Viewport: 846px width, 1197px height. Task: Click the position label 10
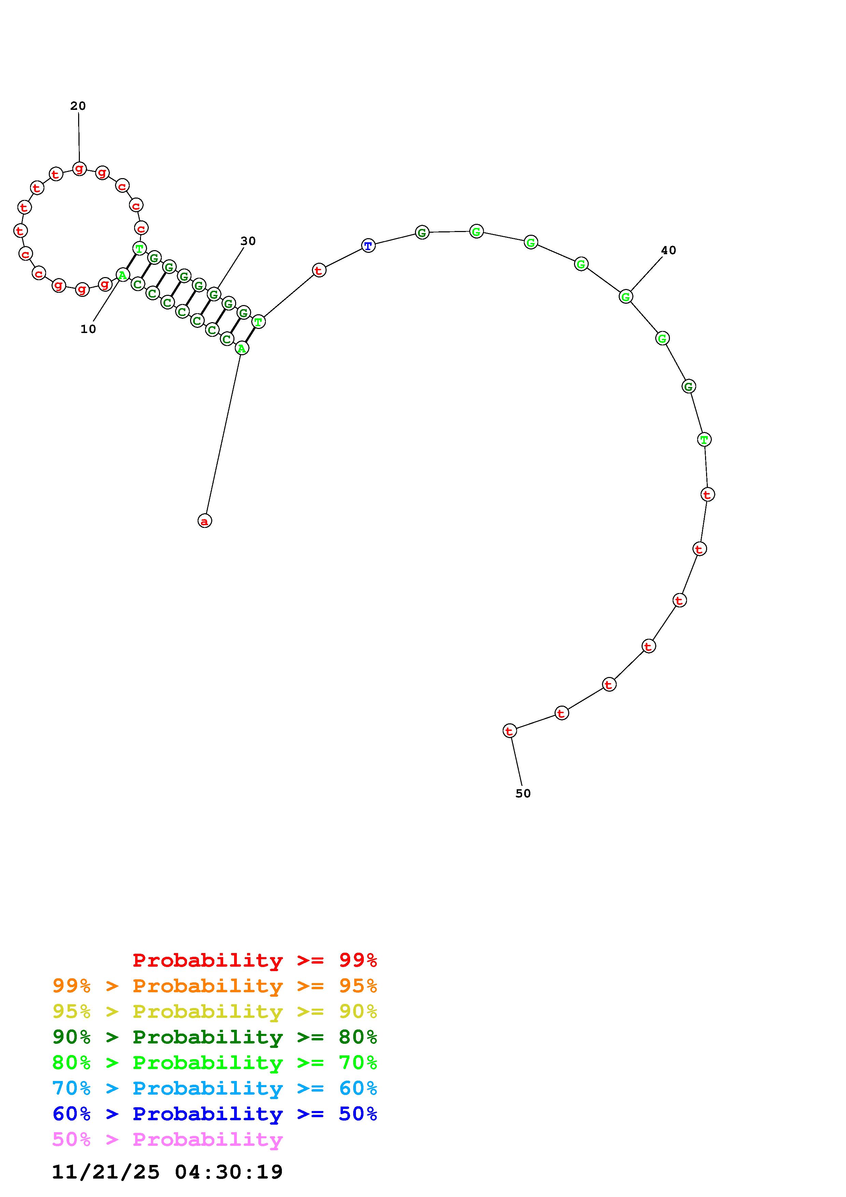click(x=88, y=329)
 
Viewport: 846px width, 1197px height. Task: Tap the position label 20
click(x=78, y=106)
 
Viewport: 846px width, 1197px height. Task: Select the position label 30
click(x=248, y=241)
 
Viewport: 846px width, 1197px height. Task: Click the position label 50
click(x=523, y=793)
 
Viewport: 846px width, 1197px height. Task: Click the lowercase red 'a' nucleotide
click(x=205, y=521)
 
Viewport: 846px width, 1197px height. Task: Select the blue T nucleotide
click(x=369, y=246)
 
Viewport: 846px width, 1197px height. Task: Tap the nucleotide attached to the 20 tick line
click(x=79, y=169)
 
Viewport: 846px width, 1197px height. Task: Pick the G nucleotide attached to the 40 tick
click(x=626, y=297)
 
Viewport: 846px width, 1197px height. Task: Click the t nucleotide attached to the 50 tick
click(x=510, y=731)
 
